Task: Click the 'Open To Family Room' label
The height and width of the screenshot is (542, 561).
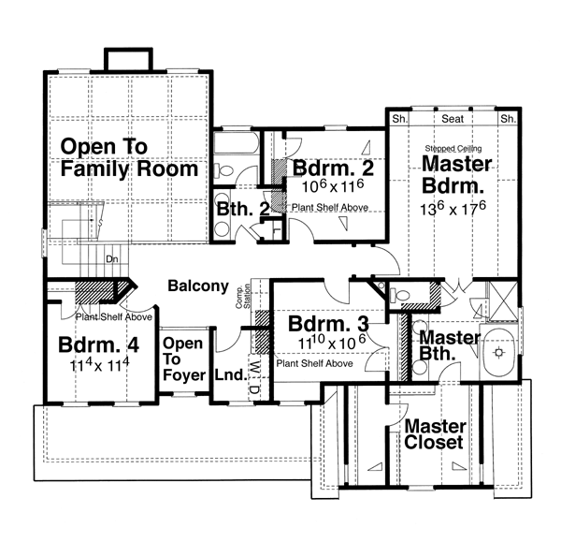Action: point(129,157)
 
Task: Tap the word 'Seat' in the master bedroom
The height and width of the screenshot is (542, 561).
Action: point(453,120)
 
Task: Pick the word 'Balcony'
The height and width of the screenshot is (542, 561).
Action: point(199,286)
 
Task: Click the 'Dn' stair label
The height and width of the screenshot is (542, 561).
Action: point(111,258)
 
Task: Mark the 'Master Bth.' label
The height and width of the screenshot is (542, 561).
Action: point(450,345)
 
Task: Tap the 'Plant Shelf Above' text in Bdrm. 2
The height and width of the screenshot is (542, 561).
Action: point(329,207)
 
